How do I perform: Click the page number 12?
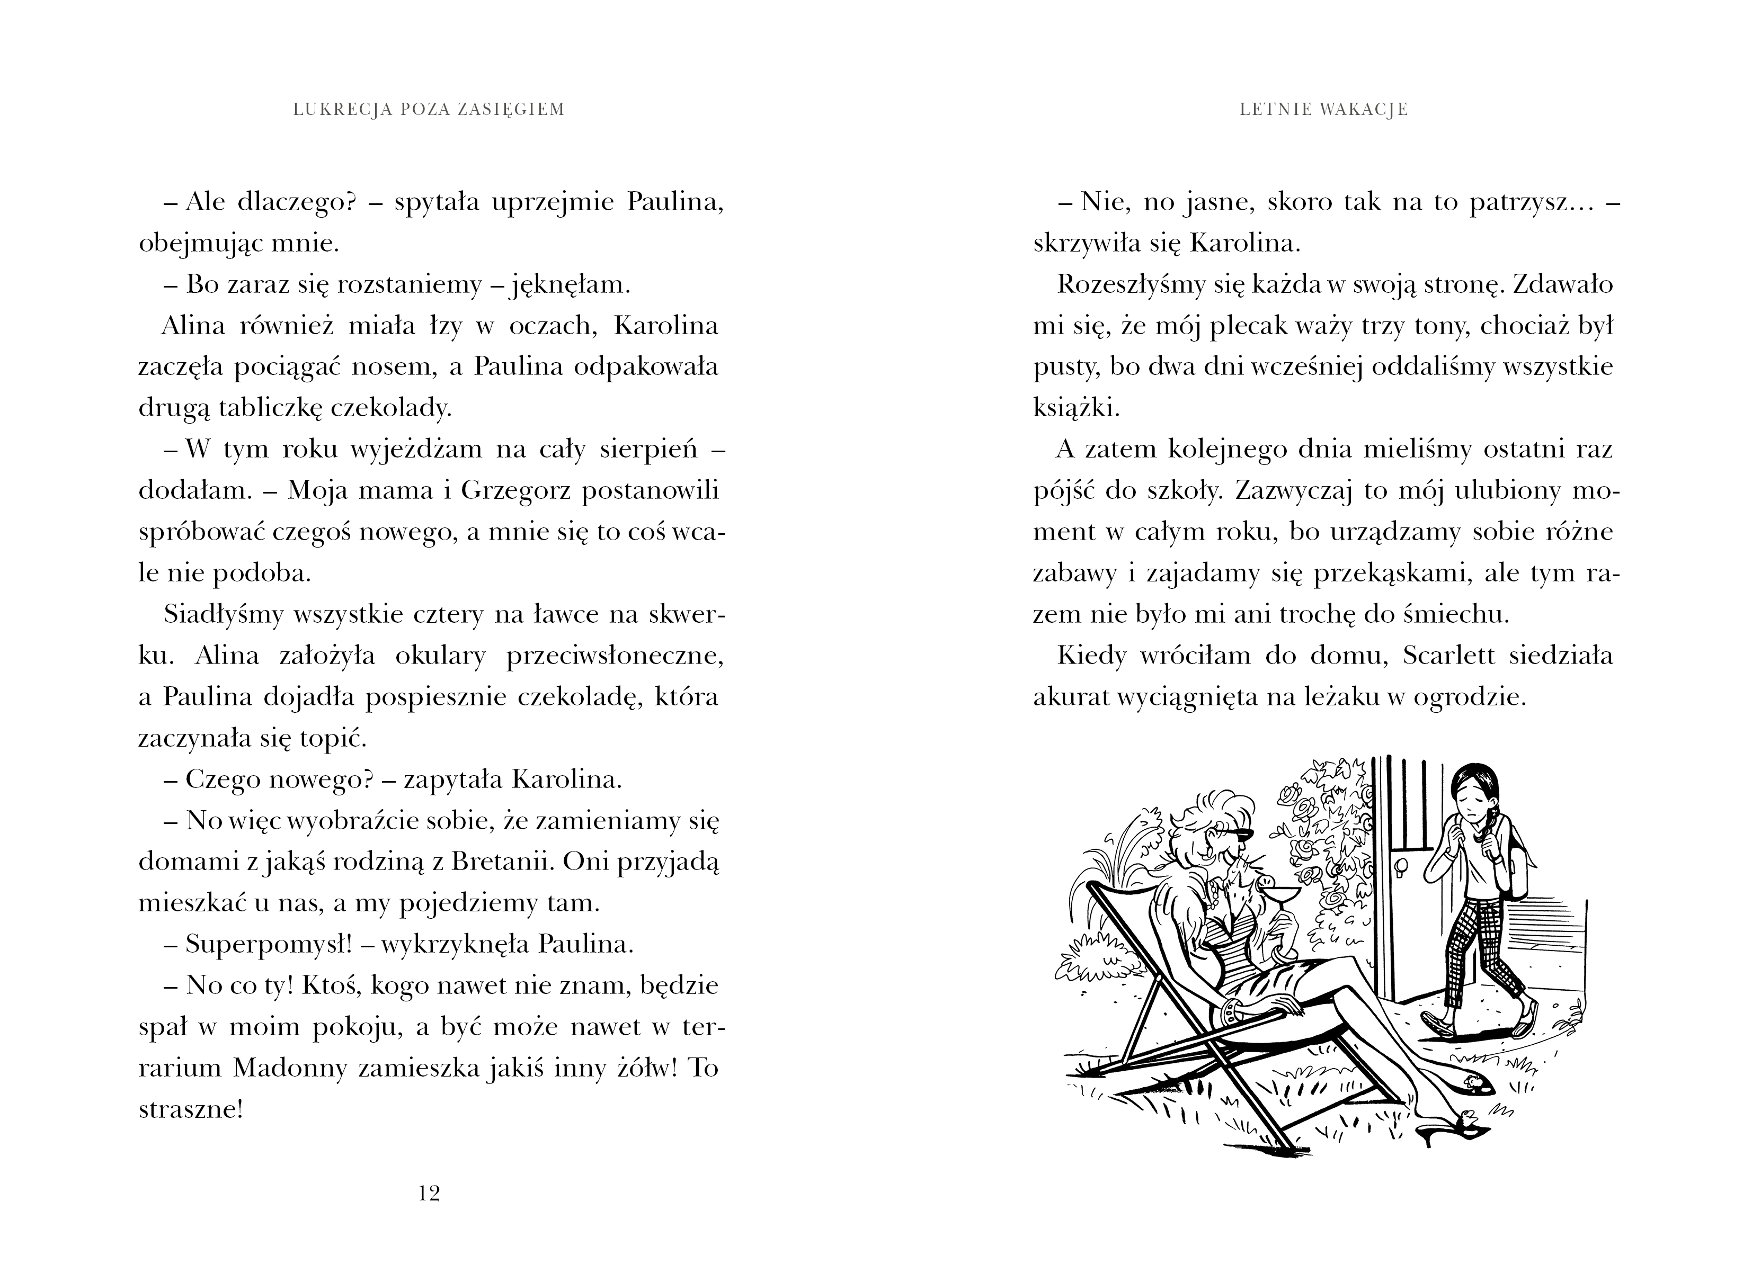pyautogui.click(x=429, y=1193)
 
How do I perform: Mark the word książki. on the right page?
pyautogui.click(x=1077, y=408)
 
